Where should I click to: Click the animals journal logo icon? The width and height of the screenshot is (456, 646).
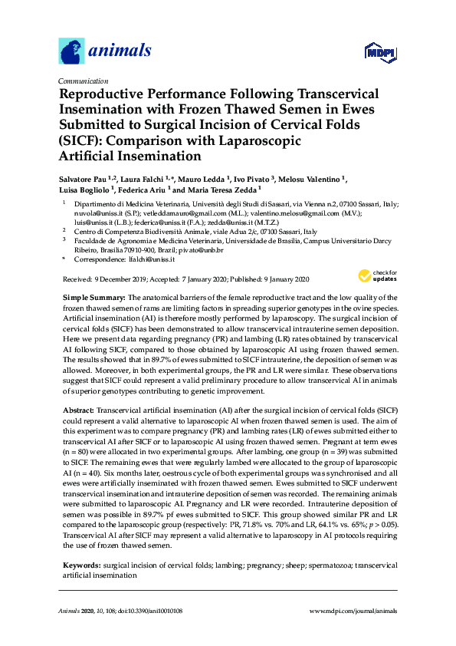point(71,51)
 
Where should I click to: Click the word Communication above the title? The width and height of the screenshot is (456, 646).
point(83,81)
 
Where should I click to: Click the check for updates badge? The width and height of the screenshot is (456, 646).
point(376,275)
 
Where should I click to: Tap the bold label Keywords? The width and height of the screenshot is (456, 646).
point(80,565)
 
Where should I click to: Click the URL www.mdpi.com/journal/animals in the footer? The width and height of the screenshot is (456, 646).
point(353,611)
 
